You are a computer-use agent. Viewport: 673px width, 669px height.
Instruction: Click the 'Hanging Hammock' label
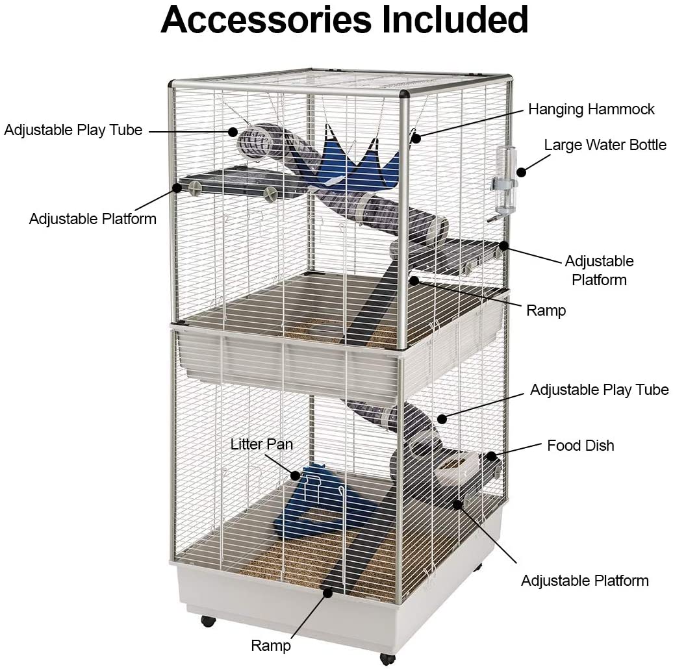pyautogui.click(x=591, y=109)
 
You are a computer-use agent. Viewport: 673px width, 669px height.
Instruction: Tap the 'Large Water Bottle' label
pyautogui.click(x=605, y=145)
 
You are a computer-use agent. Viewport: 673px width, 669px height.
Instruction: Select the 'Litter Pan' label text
pyautogui.click(x=261, y=444)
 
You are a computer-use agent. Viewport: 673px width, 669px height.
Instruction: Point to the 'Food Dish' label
pyautogui.click(x=580, y=446)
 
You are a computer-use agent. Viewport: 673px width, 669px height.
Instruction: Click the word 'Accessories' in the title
pyautogui.click(x=266, y=19)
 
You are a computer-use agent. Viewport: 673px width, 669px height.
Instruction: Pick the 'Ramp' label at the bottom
pyautogui.click(x=271, y=646)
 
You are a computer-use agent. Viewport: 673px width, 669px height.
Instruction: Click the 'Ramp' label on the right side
pyautogui.click(x=546, y=310)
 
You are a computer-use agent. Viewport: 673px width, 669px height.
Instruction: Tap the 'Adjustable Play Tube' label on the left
pyautogui.click(x=73, y=130)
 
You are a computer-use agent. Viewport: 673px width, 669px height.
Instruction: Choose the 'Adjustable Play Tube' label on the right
pyautogui.click(x=599, y=390)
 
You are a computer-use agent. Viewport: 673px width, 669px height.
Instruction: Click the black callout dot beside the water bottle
pyautogui.click(x=521, y=172)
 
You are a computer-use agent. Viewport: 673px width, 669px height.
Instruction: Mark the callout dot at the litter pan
pyautogui.click(x=296, y=475)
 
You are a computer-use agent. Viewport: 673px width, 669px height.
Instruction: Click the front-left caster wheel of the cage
pyautogui.click(x=208, y=621)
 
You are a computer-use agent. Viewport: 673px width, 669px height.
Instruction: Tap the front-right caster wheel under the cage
pyautogui.click(x=388, y=659)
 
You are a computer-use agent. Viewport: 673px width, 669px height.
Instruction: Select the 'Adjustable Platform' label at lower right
pyautogui.click(x=585, y=581)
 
